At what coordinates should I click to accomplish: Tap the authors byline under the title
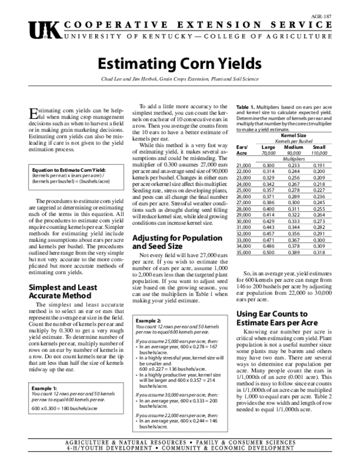(180, 79)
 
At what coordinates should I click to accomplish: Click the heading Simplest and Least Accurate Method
(62, 291)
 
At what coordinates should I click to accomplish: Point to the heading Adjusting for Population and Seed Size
(170, 242)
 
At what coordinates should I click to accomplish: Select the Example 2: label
(148, 320)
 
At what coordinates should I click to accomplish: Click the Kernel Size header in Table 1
(293, 136)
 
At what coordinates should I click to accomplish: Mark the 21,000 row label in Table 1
(244, 166)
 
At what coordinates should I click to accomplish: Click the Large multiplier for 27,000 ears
(269, 202)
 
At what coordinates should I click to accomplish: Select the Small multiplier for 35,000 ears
(319, 252)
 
